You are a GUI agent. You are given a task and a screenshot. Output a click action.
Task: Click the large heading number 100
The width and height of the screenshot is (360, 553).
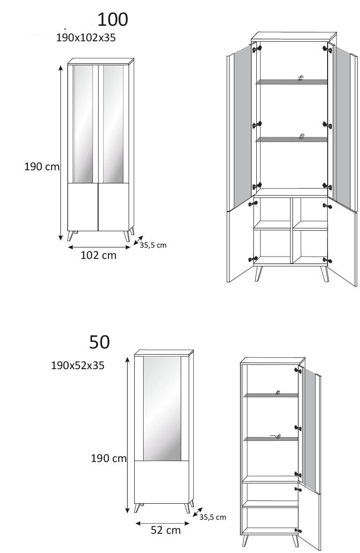113,19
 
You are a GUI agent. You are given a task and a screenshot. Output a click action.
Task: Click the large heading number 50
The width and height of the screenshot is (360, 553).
100,342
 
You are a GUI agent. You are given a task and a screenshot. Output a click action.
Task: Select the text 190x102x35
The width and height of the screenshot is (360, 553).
86,38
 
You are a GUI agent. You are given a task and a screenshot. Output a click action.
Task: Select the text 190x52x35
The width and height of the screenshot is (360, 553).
77,365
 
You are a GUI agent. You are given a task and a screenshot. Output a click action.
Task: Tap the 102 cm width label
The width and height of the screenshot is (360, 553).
99,255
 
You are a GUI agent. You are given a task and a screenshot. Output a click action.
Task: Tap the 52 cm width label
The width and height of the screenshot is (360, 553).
166,530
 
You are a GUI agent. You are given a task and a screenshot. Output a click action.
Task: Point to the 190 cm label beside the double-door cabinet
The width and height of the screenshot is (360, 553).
42,167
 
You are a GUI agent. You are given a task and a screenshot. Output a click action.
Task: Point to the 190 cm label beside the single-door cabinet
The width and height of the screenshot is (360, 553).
109,458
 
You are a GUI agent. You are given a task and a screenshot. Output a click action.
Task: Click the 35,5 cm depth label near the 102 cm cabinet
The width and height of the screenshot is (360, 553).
153,245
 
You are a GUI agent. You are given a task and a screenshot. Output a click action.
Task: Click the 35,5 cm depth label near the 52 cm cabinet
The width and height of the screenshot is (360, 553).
213,517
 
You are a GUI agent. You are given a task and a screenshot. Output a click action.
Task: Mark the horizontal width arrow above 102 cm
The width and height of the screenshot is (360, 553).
99,247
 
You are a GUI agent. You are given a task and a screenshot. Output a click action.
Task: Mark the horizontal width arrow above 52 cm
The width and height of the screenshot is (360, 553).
163,523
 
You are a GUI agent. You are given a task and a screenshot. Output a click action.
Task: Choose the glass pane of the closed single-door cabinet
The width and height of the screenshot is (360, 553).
162,409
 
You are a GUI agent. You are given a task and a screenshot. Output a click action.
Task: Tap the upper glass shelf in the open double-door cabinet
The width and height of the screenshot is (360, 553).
291,82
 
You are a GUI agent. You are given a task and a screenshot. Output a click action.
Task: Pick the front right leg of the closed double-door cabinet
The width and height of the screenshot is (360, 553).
126,236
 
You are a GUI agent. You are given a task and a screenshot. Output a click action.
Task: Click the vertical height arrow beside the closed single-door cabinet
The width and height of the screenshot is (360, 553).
127,434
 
